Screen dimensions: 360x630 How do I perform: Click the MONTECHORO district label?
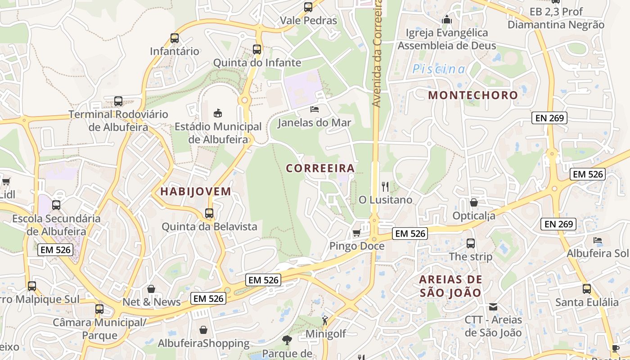point(473,95)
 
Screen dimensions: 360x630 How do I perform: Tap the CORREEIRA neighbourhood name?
point(320,168)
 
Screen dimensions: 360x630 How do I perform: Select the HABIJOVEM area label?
point(196,191)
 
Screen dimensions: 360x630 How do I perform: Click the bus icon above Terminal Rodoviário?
point(118,101)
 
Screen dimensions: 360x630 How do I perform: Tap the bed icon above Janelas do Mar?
point(315,109)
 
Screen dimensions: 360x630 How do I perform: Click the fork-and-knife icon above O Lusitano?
point(385,186)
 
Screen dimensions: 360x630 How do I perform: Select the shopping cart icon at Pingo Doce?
point(356,233)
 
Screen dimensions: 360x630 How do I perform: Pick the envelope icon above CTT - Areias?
point(493,307)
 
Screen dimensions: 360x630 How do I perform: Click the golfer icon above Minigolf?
point(325,320)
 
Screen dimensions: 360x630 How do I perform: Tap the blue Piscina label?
point(439,69)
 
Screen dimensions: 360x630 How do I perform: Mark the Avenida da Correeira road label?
point(377,54)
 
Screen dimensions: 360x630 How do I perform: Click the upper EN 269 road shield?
point(549,118)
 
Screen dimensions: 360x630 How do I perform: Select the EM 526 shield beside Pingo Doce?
point(409,234)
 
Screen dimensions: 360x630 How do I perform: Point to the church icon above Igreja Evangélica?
point(447,19)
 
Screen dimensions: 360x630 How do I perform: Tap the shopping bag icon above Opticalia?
point(474,203)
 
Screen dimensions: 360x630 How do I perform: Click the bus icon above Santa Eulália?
point(587,289)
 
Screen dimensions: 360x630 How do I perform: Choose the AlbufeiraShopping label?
point(203,344)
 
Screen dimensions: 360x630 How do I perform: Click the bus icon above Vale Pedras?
point(308,7)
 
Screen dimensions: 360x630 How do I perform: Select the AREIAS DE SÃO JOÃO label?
point(450,286)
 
